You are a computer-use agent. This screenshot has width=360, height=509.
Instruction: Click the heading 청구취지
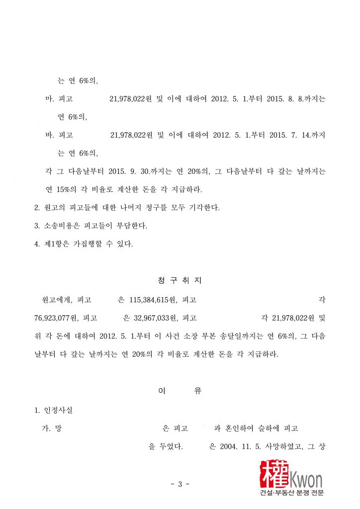180,280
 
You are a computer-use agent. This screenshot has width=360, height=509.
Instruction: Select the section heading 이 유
180,391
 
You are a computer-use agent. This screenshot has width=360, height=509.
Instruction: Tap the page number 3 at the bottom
180,484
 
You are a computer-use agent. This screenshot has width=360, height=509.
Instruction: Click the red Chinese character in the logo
274,474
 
